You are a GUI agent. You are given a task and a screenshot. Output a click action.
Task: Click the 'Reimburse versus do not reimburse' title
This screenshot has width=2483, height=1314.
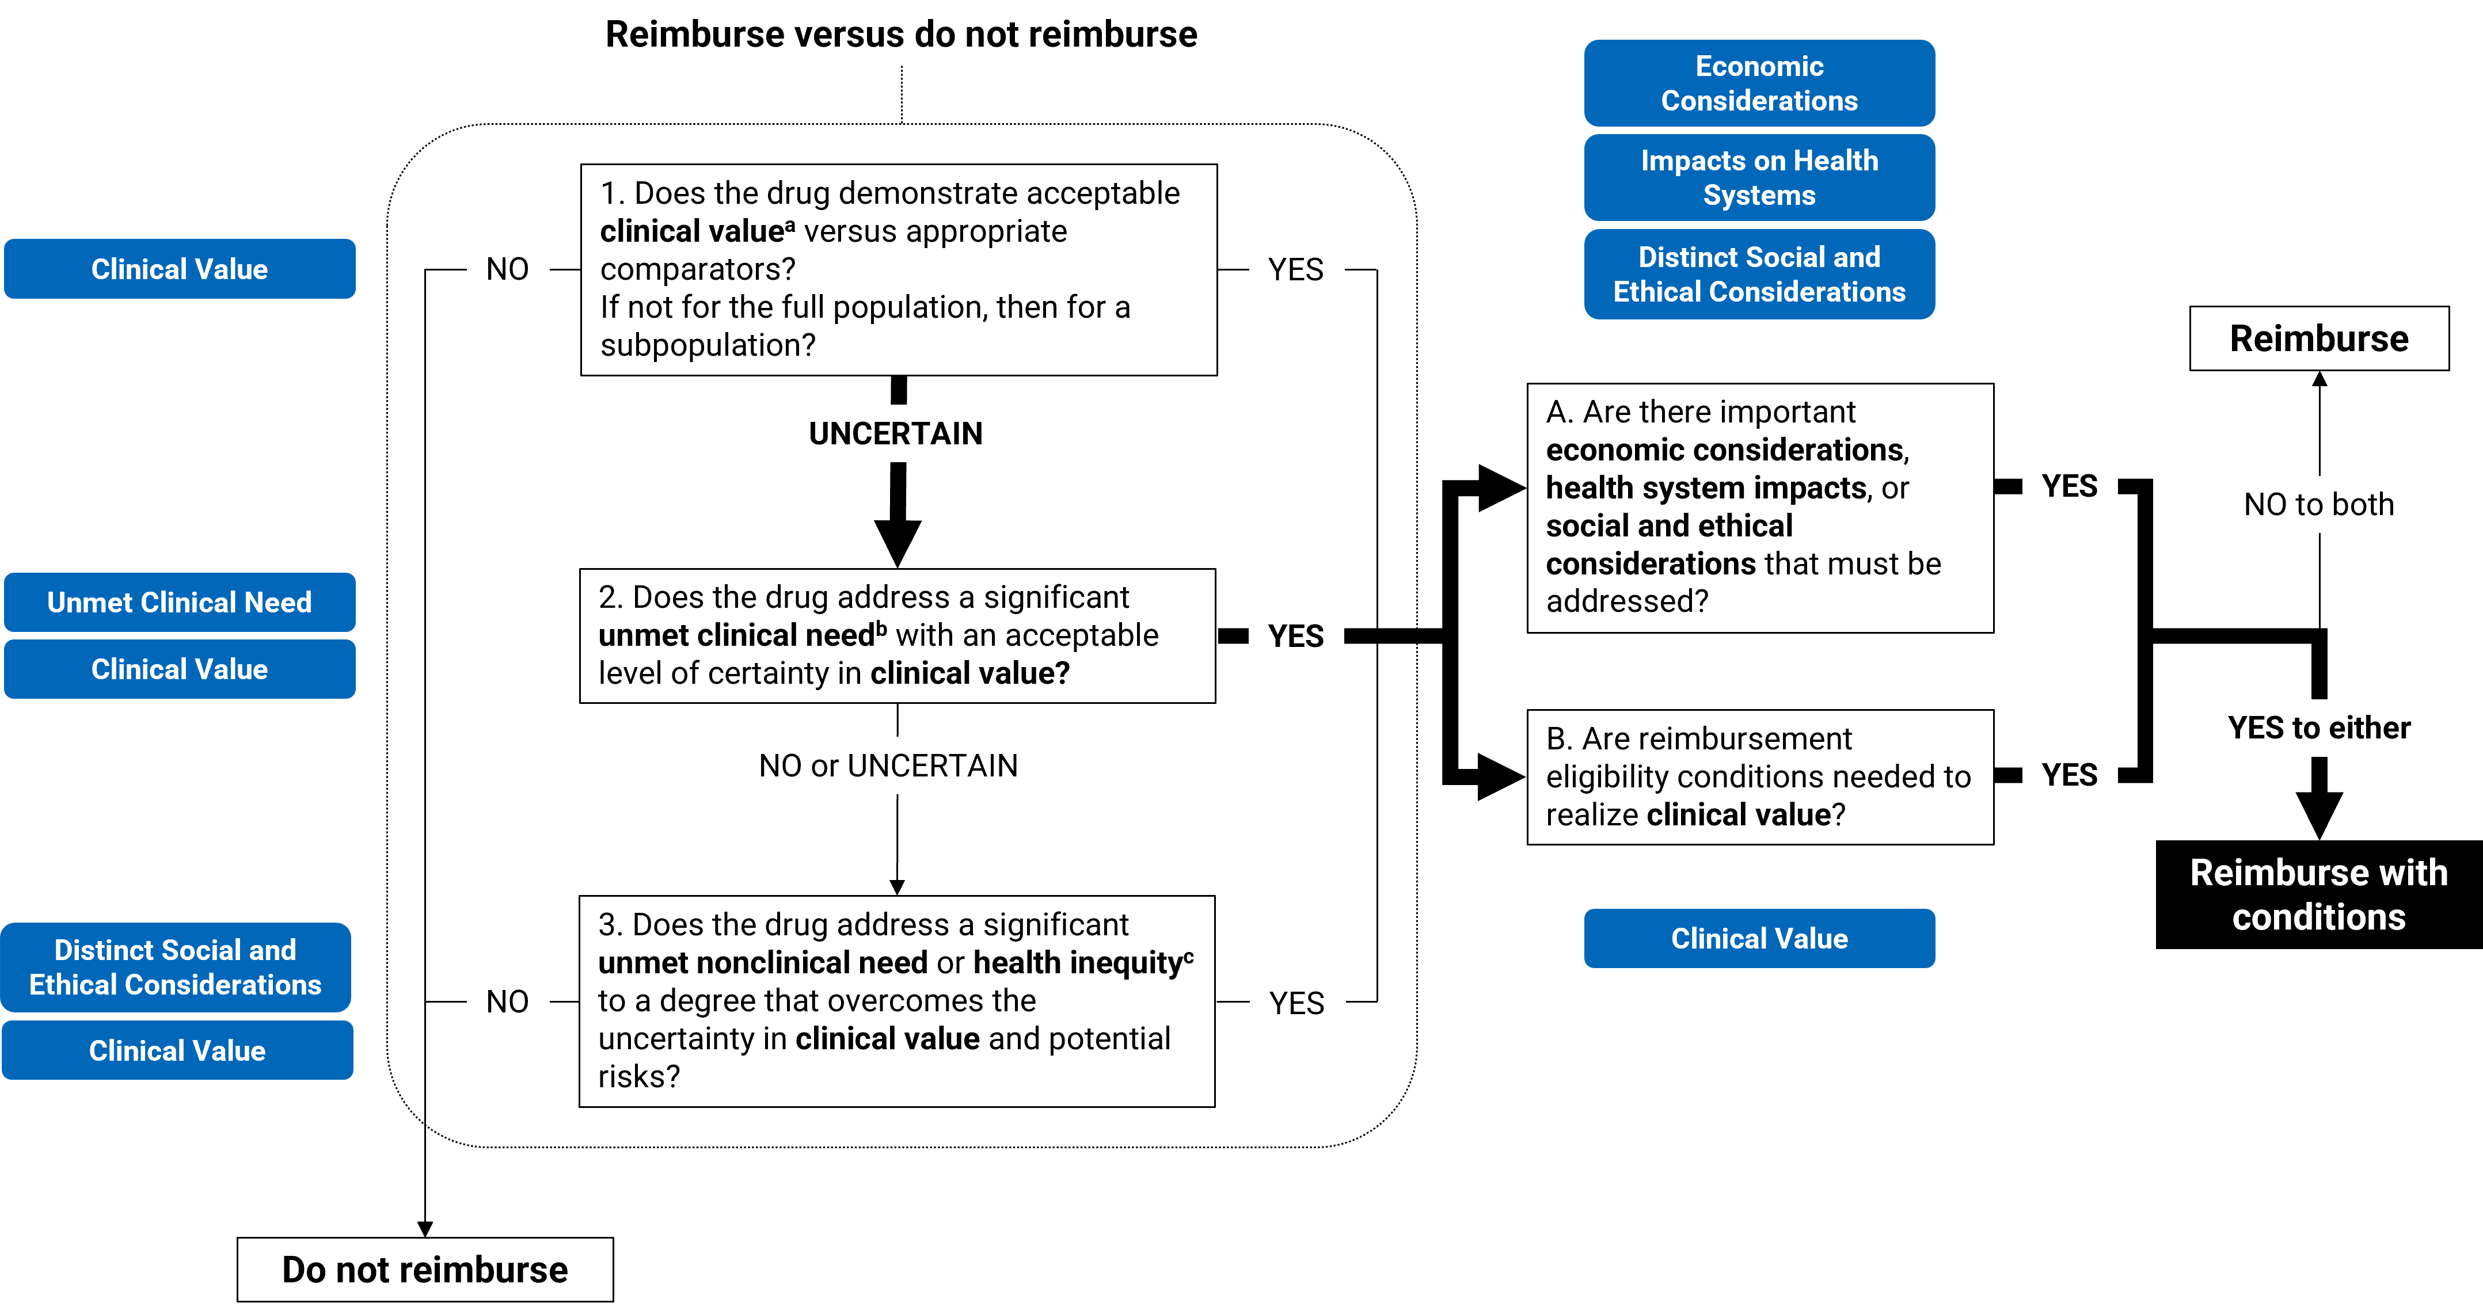[900, 35]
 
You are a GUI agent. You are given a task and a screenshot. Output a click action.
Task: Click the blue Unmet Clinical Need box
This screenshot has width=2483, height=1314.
[179, 602]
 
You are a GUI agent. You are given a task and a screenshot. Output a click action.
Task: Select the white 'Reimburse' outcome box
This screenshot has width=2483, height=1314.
[2318, 338]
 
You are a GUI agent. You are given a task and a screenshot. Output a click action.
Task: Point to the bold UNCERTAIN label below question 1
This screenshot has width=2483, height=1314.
[895, 433]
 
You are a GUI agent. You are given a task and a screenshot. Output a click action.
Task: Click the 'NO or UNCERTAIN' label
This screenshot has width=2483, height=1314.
[888, 766]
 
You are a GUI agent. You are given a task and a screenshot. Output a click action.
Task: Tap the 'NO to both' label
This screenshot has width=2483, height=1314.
[2318, 504]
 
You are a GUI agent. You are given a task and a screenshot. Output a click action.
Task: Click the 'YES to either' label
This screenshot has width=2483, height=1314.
[2318, 728]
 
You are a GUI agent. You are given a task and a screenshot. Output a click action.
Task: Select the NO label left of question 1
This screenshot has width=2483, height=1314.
[507, 269]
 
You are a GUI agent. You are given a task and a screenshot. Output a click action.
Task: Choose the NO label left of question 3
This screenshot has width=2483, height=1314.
[507, 1002]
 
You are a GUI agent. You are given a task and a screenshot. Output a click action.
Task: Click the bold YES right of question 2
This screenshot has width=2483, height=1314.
[1295, 636]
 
